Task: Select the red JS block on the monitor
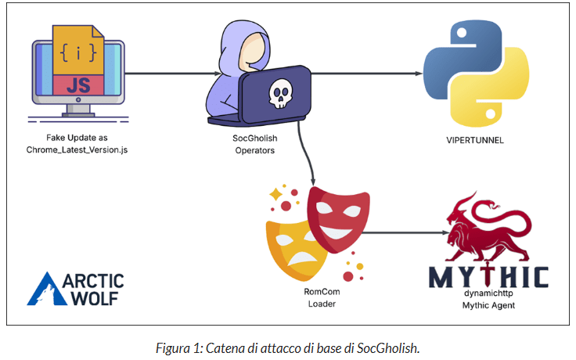[78, 85]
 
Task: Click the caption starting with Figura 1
[286, 344]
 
